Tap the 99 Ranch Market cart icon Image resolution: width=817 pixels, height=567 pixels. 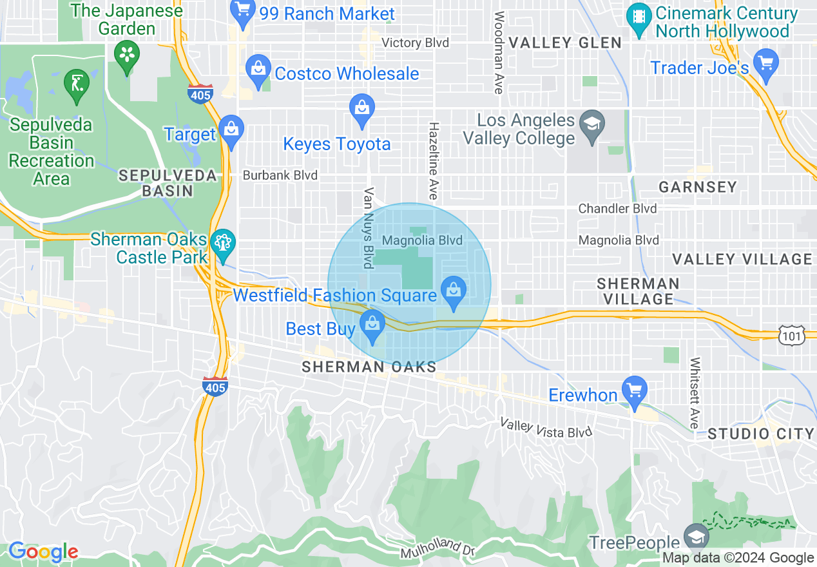coord(243,12)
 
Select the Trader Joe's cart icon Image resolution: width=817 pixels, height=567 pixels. coord(766,63)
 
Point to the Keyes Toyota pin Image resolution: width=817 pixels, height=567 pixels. coord(361,107)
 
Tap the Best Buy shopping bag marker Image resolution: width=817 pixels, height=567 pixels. coord(372,323)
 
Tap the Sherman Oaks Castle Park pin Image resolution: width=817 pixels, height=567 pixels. coord(224,243)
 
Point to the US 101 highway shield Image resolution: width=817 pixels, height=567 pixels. coord(791,335)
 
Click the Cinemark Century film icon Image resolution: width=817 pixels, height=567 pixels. coord(639,17)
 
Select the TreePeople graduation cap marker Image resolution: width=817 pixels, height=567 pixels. coord(695,537)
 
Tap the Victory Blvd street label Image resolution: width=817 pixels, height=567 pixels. coord(416,43)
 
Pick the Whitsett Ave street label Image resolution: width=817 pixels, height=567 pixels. coord(695,393)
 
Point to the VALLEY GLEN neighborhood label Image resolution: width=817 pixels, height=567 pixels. coord(565,43)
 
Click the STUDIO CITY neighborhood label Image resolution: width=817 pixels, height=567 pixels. coord(761,434)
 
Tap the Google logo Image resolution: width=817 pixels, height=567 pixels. coord(43,552)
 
